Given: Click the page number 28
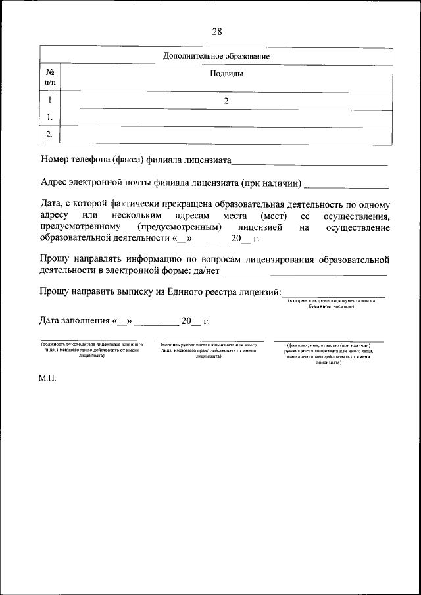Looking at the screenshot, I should pos(216,32).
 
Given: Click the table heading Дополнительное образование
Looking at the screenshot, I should pos(216,57).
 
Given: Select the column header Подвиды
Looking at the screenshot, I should pos(226,74).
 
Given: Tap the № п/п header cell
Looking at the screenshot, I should pos(50,78).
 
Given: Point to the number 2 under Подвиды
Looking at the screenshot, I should pos(226,101).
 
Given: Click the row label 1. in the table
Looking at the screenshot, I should pos(50,118).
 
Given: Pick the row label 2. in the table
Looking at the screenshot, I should pos(50,135).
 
